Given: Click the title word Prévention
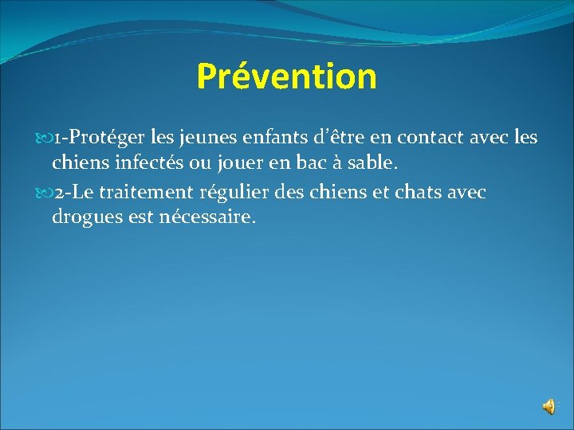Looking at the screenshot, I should tap(286, 76).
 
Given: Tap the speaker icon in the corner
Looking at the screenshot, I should tap(549, 407).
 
